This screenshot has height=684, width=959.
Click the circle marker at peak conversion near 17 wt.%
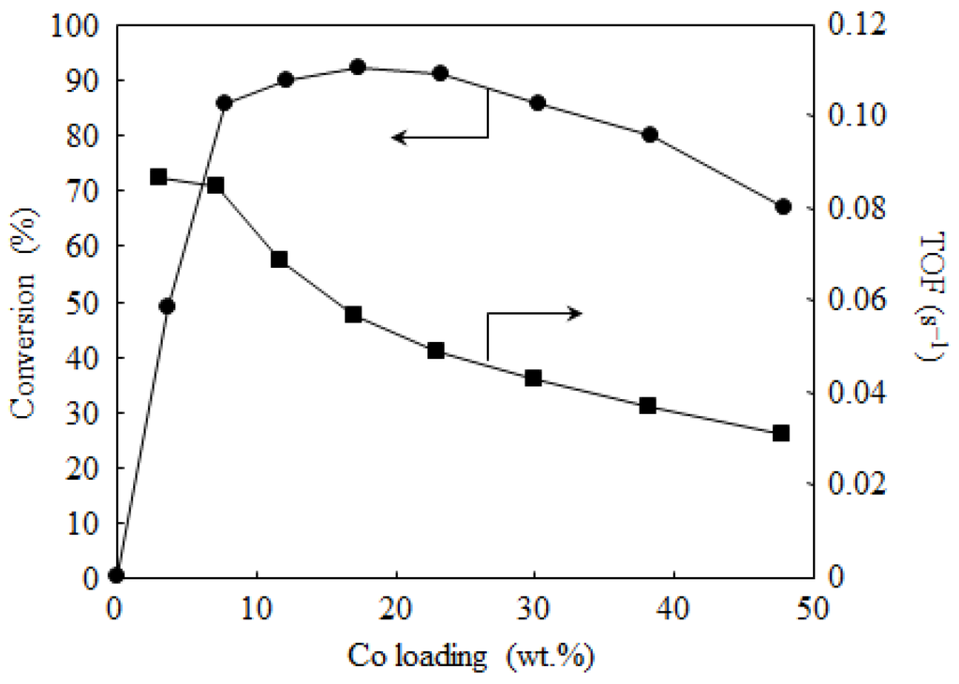pyautogui.click(x=357, y=67)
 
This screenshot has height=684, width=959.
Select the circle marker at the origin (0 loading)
pyautogui.click(x=116, y=575)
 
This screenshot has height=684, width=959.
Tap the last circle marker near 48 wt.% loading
pyautogui.click(x=784, y=206)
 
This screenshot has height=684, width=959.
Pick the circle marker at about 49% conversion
pyautogui.click(x=168, y=306)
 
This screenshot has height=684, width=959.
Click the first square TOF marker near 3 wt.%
pyautogui.click(x=158, y=177)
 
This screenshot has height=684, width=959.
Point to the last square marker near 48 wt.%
pyautogui.click(x=781, y=433)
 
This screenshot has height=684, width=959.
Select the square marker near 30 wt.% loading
pyautogui.click(x=534, y=378)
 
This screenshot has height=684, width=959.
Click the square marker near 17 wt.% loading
pyautogui.click(x=353, y=314)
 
